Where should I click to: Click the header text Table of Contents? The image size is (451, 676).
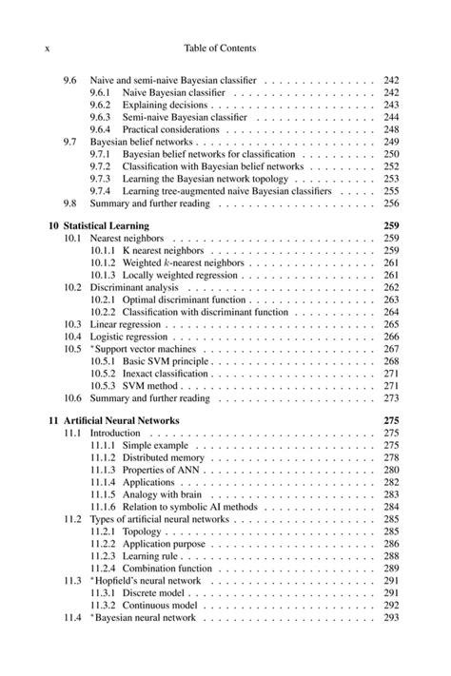(225, 48)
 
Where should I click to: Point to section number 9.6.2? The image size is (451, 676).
(102, 105)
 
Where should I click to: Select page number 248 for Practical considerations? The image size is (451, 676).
(390, 129)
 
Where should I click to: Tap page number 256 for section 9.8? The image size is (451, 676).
(390, 203)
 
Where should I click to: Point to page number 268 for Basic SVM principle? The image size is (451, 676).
(390, 361)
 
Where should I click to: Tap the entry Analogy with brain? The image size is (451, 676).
(166, 493)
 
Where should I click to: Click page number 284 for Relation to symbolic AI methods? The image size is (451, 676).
(390, 507)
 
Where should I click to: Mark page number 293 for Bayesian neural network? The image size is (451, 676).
(390, 617)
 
